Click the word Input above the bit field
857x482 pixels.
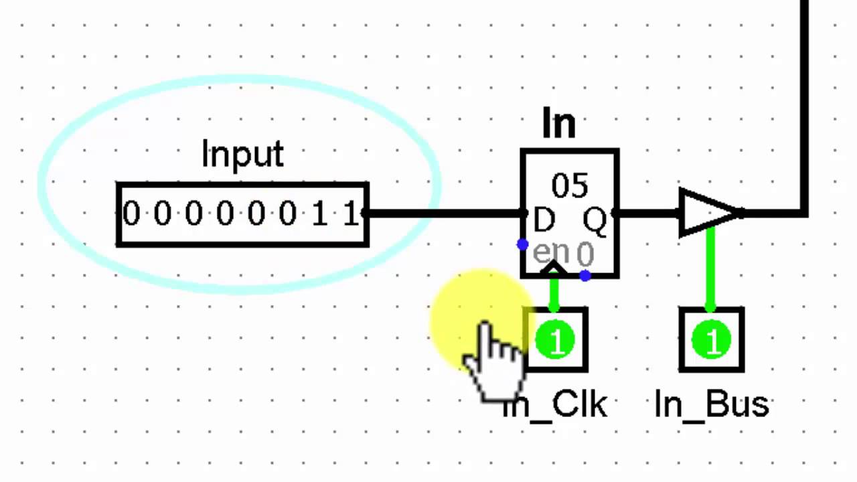(242, 155)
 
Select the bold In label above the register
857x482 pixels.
(559, 123)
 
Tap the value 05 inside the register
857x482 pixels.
(569, 186)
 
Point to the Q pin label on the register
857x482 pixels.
(594, 222)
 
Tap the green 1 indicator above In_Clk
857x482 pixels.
(555, 340)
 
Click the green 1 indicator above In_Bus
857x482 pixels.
(711, 340)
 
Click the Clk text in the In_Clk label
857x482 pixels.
(580, 404)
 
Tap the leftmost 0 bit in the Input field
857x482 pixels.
(131, 214)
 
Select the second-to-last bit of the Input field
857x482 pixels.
(320, 214)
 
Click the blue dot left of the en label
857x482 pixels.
(523, 244)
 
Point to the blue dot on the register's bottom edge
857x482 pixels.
(585, 275)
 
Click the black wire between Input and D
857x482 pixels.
(445, 213)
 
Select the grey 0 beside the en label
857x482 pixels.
(585, 254)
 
